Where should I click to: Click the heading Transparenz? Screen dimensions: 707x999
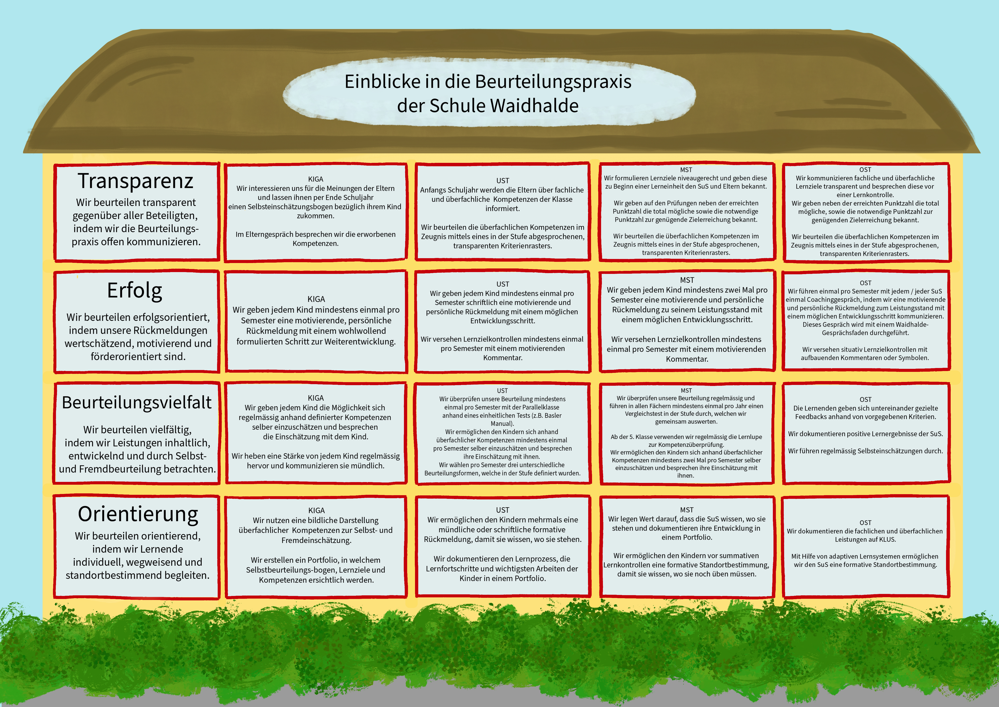point(135,181)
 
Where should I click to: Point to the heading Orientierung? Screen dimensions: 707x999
point(138,514)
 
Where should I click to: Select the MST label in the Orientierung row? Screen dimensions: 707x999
point(687,510)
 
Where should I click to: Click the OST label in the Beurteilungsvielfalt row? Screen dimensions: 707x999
point(865,400)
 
